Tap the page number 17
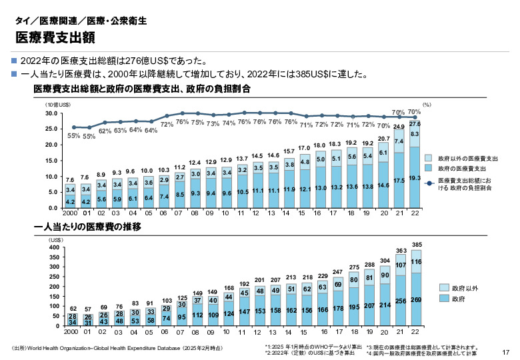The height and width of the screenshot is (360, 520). pos(505,351)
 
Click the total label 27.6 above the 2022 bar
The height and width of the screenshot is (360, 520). pos(415,124)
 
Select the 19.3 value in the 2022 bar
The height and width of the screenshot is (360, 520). pos(415,179)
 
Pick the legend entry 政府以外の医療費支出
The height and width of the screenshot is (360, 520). pos(468,159)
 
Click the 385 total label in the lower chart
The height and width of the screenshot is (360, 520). pos(417,245)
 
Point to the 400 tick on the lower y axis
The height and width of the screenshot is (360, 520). pos(54,247)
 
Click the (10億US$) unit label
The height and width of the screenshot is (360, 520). pos(58,105)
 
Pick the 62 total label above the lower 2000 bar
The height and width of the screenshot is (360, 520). pos(73,309)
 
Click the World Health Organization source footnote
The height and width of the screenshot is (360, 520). pos(117,349)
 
